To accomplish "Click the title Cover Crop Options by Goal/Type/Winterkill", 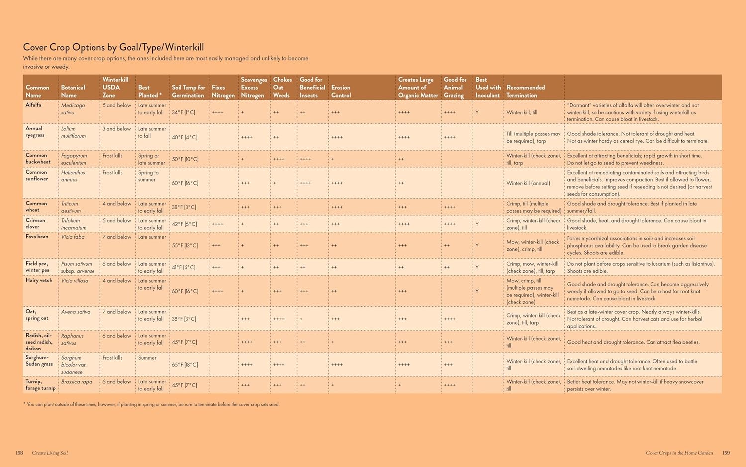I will [x=113, y=47].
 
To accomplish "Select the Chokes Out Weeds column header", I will [x=282, y=87].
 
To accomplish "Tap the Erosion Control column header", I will [x=341, y=91].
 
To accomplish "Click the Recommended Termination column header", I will [x=525, y=91].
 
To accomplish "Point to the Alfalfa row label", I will [x=33, y=105].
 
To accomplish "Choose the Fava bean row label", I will [x=37, y=237].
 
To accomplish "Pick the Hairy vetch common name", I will [x=39, y=281].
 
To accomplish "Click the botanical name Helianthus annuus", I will [x=73, y=176].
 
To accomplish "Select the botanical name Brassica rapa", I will [x=77, y=382].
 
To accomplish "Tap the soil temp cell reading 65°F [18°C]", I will [x=185, y=365].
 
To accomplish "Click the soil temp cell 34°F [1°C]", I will [x=184, y=112].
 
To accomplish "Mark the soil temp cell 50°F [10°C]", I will [x=185, y=159].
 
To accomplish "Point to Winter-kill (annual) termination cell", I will [x=528, y=183].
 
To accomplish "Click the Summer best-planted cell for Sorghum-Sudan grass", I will [x=147, y=358].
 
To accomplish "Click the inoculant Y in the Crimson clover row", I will [x=477, y=224].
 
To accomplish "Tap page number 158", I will [x=19, y=453].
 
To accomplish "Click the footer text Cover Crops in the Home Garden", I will [x=679, y=453].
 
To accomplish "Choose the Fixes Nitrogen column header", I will [x=223, y=91].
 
